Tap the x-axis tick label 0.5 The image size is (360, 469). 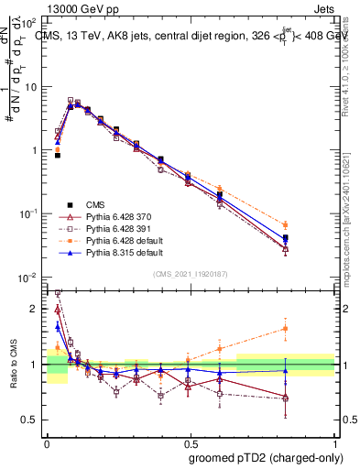(191, 442)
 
